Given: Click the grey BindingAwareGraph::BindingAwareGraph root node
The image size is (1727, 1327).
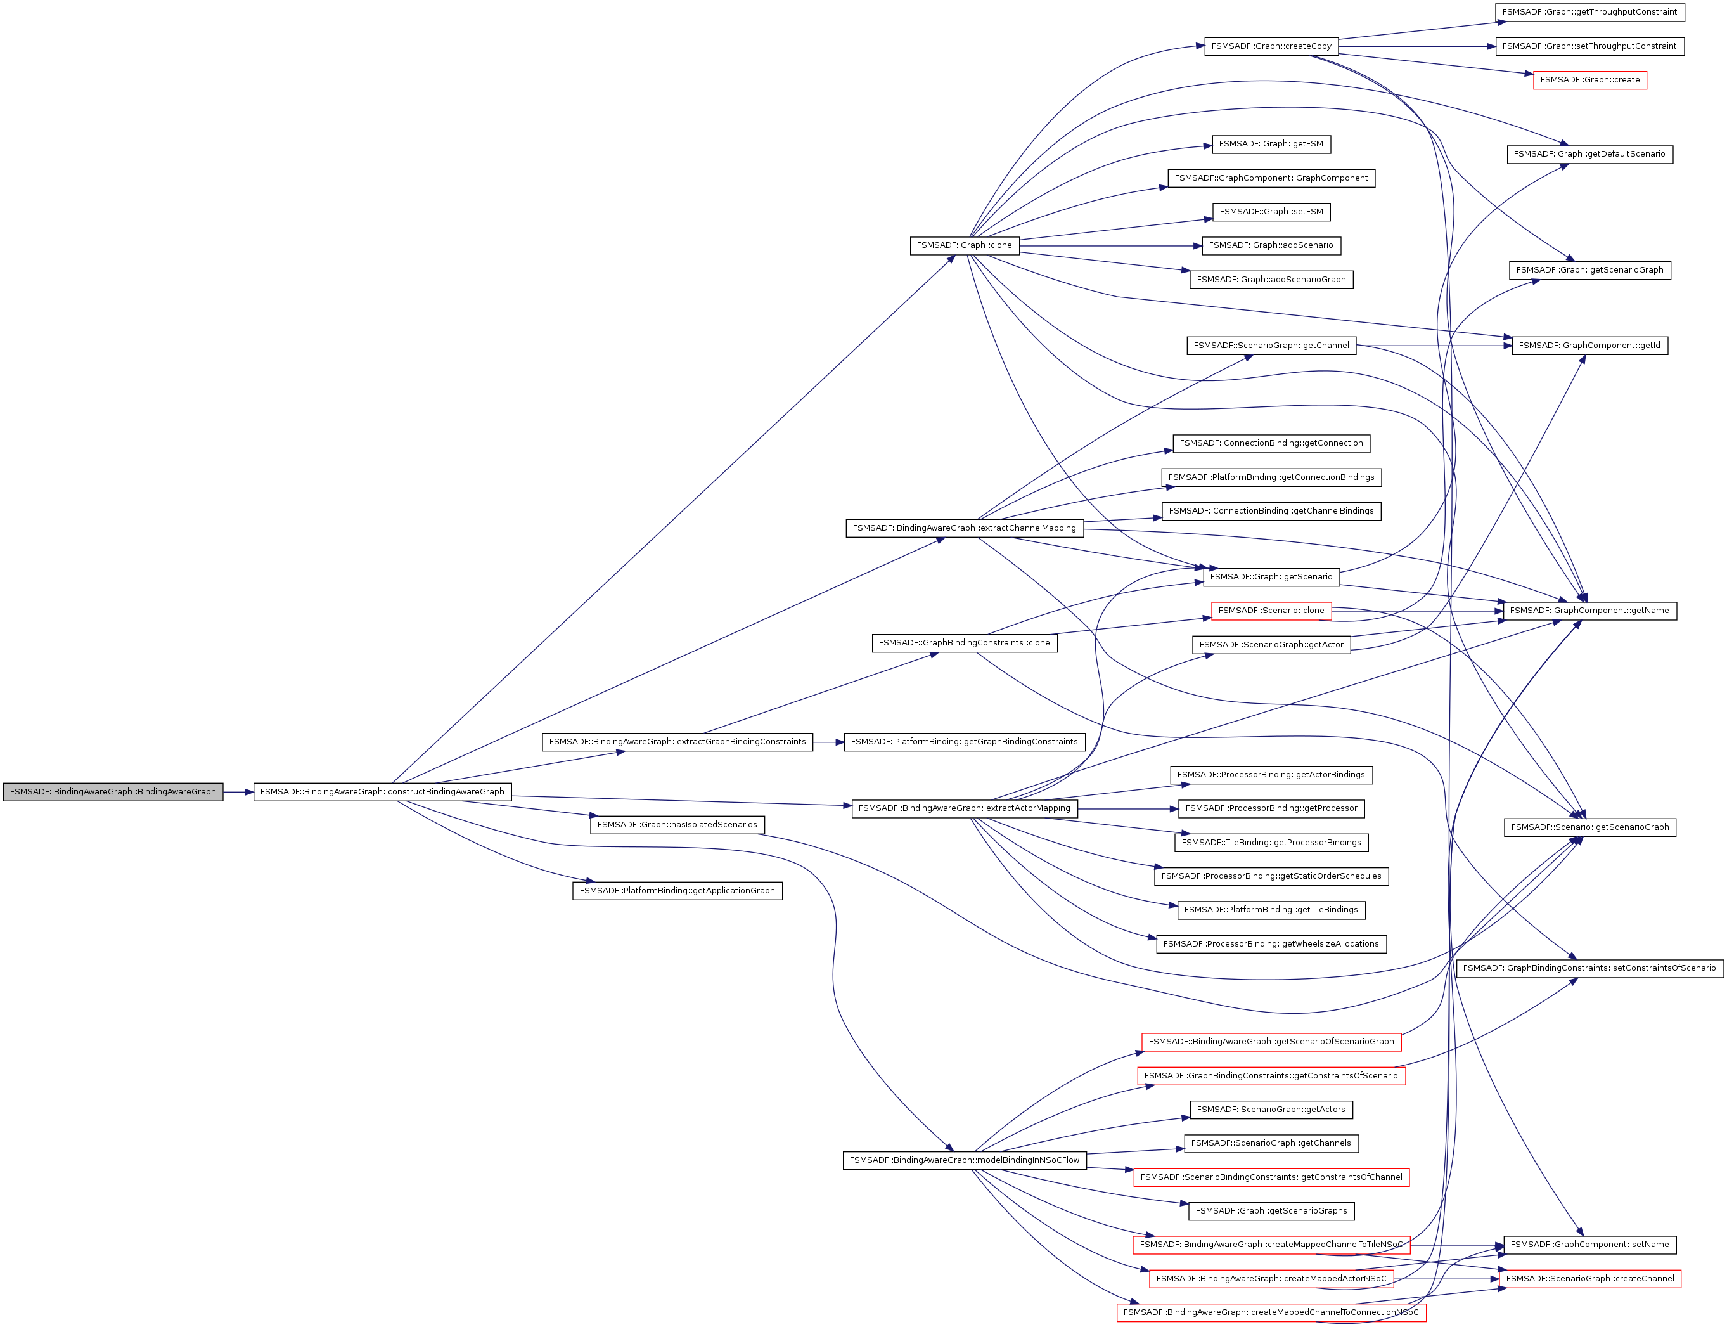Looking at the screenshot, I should (113, 791).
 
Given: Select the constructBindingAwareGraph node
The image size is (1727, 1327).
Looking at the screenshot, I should (382, 791).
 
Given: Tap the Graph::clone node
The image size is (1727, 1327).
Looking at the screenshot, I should (963, 245).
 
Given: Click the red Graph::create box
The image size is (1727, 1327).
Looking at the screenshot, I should (1589, 80).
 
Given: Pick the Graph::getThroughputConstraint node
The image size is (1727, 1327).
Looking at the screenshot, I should (1589, 13).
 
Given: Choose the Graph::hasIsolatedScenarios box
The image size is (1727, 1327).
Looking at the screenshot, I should (677, 825).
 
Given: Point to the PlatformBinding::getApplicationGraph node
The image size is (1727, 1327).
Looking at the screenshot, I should (677, 890).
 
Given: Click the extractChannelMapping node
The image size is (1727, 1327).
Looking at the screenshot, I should (964, 528).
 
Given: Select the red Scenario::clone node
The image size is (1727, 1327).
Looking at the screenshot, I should (1271, 611).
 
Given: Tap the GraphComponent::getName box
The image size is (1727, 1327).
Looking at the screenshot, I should (1589, 611).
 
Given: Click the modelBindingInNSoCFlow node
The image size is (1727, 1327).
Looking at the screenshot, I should (964, 1160).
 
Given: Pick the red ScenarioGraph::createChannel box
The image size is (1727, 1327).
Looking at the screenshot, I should (1589, 1278).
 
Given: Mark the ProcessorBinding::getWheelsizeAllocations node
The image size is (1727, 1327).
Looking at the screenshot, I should (1271, 944).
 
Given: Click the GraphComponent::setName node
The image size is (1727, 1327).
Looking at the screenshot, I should (1589, 1245).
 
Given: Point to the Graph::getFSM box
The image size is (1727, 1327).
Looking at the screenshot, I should (1271, 144).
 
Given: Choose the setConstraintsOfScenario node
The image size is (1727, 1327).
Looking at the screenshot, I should (1589, 968).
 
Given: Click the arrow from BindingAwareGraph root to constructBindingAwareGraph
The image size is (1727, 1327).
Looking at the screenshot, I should (238, 791).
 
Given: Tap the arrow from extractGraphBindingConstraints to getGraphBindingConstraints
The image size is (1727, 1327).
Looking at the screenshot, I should (828, 742).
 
